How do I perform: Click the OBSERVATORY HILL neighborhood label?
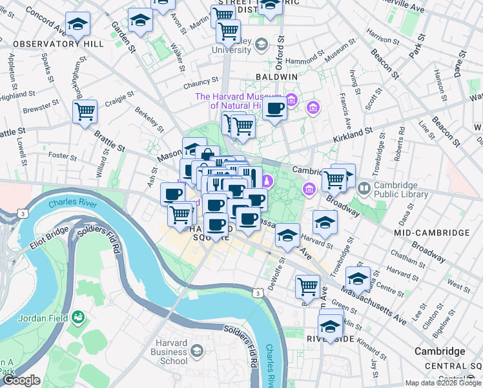(x=58, y=44)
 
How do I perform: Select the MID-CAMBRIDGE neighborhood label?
(x=431, y=232)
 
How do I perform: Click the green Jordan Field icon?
(x=78, y=317)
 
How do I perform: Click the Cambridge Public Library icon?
(x=364, y=189)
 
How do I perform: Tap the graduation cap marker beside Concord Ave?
(x=77, y=25)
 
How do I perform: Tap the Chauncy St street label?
(x=201, y=83)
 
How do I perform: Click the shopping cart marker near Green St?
(x=308, y=286)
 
